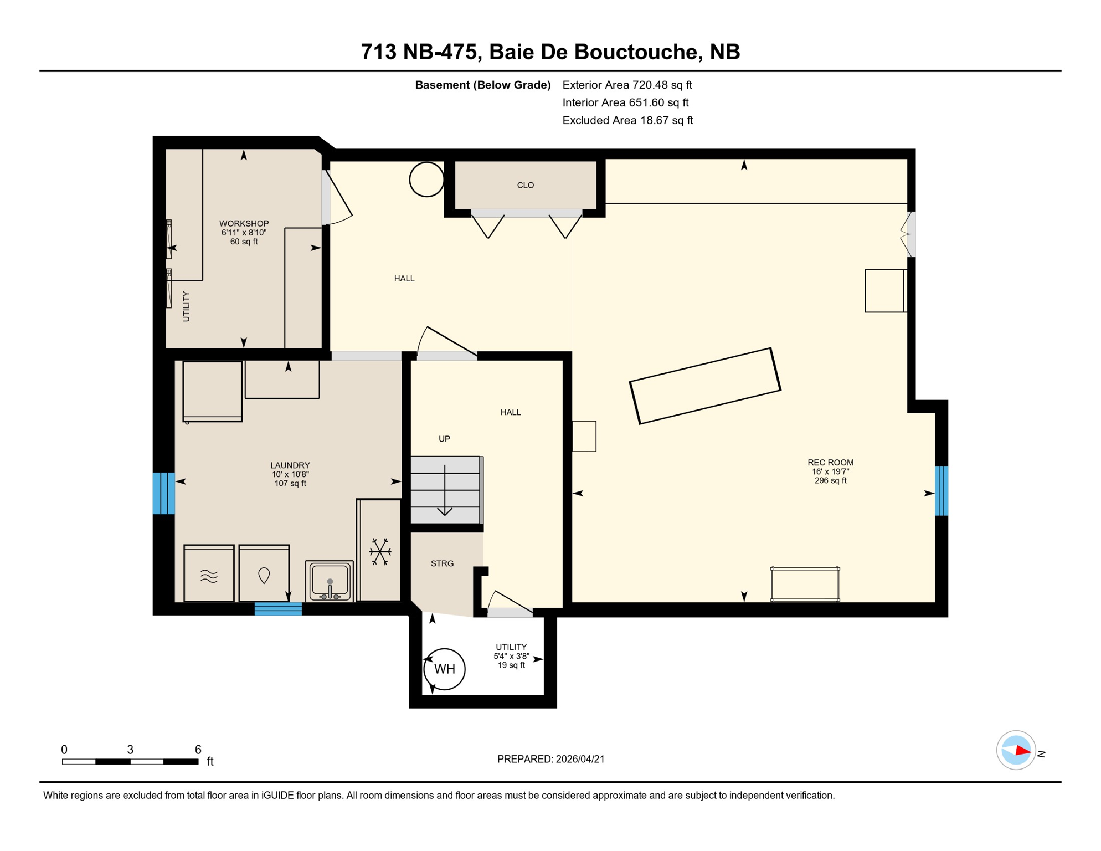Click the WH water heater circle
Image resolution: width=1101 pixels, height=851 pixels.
pyautogui.click(x=444, y=669)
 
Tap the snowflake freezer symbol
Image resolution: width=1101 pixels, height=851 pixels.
pyautogui.click(x=380, y=551)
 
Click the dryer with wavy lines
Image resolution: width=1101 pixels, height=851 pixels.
pyautogui.click(x=209, y=574)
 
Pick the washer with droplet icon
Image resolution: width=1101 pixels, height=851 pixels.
pyautogui.click(x=264, y=574)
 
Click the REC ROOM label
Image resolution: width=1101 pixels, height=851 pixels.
pyautogui.click(x=830, y=462)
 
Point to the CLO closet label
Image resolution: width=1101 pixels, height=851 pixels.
pyautogui.click(x=525, y=185)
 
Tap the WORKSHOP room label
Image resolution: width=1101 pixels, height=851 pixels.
pyautogui.click(x=244, y=223)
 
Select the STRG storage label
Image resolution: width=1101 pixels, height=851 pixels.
pyautogui.click(x=442, y=563)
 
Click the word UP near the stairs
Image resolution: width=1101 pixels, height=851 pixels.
pyautogui.click(x=444, y=439)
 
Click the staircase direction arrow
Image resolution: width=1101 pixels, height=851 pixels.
pyautogui.click(x=445, y=490)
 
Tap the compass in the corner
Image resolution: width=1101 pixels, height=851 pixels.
pyautogui.click(x=1016, y=750)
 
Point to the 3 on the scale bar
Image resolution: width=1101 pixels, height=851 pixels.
pyautogui.click(x=130, y=750)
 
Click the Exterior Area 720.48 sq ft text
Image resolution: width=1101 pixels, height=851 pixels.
pyautogui.click(x=627, y=85)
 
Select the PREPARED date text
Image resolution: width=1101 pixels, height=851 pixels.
pyautogui.click(x=550, y=759)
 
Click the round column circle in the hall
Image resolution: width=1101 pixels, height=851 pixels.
pyautogui.click(x=426, y=179)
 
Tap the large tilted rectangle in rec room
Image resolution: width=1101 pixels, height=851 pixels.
pyautogui.click(x=704, y=386)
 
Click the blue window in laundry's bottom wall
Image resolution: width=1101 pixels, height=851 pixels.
pyautogui.click(x=278, y=609)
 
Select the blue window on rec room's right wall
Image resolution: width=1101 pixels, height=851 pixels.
pyautogui.click(x=941, y=491)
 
